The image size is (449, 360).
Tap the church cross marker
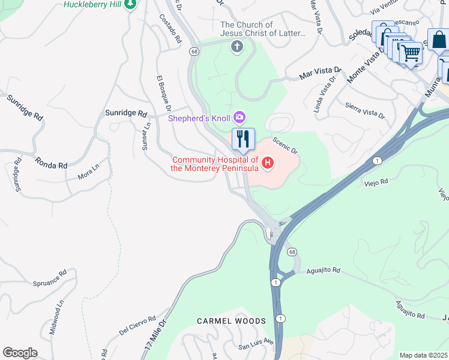click(x=237, y=47)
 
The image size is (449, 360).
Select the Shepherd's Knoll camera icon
click(x=240, y=116)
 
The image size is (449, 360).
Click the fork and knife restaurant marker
click(x=243, y=139)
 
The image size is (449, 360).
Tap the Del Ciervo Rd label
click(x=137, y=325)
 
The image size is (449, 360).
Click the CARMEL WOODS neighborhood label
click(x=231, y=321)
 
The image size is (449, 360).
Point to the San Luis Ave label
click(x=256, y=346)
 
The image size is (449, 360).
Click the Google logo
click(x=20, y=353)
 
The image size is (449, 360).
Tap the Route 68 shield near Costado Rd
click(x=194, y=52)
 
